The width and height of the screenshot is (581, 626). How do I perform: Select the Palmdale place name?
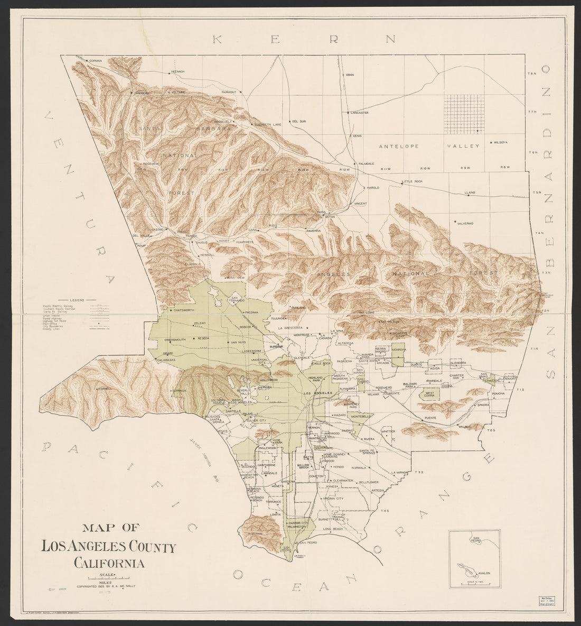point(366,163)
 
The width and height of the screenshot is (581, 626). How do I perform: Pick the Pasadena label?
point(344,361)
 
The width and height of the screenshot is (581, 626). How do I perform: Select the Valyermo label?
point(465,223)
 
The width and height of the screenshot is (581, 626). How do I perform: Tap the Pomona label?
point(499,394)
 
